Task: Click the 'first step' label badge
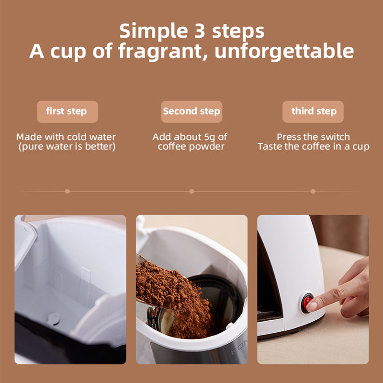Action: click(67, 112)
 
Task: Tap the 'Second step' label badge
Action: click(191, 112)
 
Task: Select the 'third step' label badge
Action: click(313, 112)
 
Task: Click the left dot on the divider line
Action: click(68, 191)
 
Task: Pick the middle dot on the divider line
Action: click(191, 191)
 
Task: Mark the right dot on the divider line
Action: click(313, 191)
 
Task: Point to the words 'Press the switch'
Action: click(313, 137)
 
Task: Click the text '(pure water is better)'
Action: click(67, 147)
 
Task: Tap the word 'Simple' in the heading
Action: click(151, 31)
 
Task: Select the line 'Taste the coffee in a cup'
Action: click(313, 147)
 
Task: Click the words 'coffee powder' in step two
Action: click(191, 147)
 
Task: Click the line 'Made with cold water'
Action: click(66, 137)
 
